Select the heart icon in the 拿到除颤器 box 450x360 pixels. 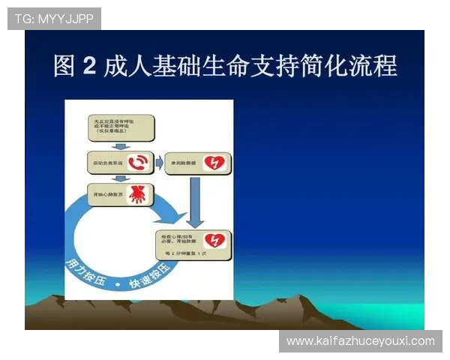(214, 162)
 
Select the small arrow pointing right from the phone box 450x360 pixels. (159, 161)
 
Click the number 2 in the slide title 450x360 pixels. (88, 66)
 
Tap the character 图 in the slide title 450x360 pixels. (64, 66)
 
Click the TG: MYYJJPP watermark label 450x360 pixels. (54, 18)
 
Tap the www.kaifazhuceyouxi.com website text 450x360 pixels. (360, 341)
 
